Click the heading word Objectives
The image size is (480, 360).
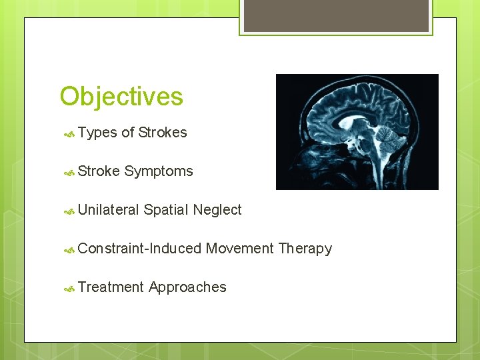[121, 97]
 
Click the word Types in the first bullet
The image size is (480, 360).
[97, 133]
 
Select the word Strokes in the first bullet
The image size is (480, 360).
[163, 133]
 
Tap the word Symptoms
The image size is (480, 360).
[159, 171]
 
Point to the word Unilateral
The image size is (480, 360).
[109, 210]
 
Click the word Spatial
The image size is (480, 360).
[166, 210]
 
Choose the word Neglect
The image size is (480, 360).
[217, 210]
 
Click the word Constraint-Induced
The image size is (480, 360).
[139, 249]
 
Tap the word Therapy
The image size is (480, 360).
[305, 249]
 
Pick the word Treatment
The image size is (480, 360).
[111, 287]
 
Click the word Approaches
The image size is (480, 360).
[188, 287]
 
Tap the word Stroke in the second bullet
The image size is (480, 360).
[99, 171]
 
